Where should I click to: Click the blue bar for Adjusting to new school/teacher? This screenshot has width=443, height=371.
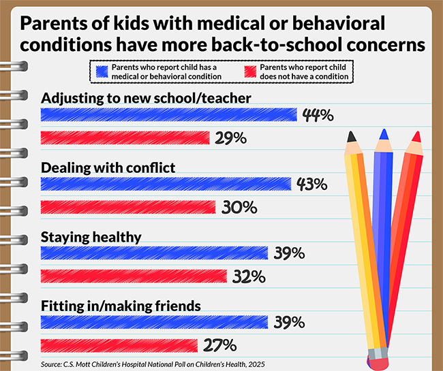pyautogui.click(x=168, y=114)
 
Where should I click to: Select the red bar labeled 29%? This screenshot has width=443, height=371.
pyautogui.click(x=125, y=138)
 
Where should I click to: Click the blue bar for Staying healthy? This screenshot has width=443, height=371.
pyautogui.click(x=155, y=253)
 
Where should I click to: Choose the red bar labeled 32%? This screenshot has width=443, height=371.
pyautogui.click(x=134, y=276)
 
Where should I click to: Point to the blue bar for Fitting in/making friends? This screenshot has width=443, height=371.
pyautogui.click(x=155, y=321)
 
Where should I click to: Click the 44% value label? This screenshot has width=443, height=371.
pyautogui.click(x=318, y=115)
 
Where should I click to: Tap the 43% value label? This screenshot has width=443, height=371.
pyautogui.click(x=312, y=184)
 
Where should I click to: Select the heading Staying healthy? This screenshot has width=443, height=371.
pyautogui.click(x=91, y=237)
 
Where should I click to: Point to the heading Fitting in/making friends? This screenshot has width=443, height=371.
pyautogui.click(x=121, y=306)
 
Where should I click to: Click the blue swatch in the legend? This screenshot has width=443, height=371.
pyautogui.click(x=103, y=68)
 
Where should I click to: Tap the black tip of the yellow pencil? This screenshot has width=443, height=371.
pyautogui.click(x=352, y=136)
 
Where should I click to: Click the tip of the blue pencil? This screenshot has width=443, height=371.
pyautogui.click(x=385, y=133)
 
